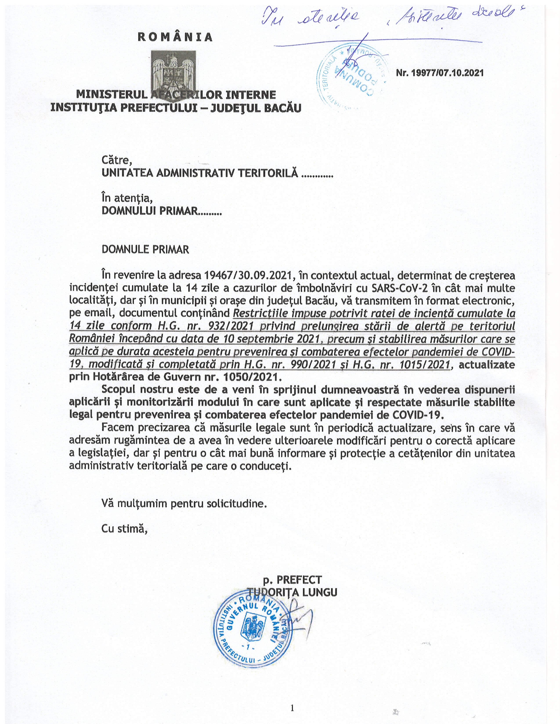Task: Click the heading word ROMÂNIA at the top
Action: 175,37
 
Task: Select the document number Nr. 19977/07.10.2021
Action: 440,73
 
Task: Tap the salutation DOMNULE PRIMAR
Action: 145,249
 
